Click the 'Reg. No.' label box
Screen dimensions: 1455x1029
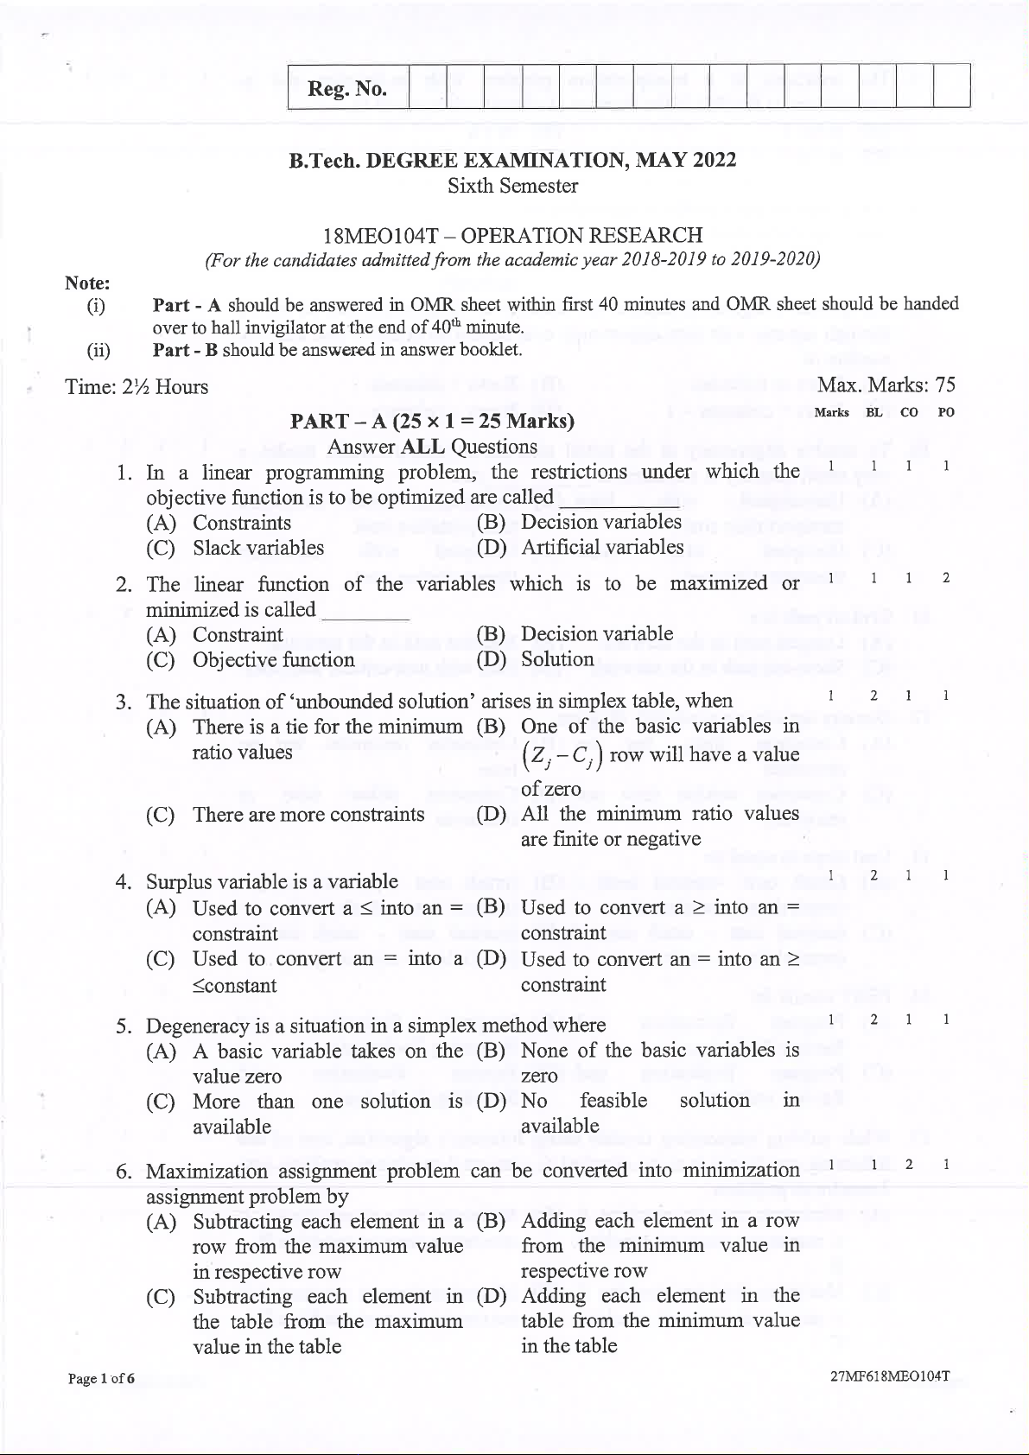click(x=347, y=88)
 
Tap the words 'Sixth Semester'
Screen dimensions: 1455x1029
click(x=512, y=186)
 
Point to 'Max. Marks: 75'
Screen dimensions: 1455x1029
click(x=886, y=385)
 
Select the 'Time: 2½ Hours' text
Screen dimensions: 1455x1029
click(x=137, y=387)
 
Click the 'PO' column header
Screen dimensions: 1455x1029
click(x=946, y=413)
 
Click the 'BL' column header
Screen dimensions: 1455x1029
click(x=874, y=413)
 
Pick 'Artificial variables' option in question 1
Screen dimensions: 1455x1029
click(x=602, y=547)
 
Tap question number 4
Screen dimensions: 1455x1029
click(x=124, y=882)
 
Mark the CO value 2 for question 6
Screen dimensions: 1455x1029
click(x=909, y=1165)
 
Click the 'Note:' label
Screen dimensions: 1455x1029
click(x=87, y=283)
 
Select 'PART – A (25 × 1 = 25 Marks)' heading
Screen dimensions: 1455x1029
click(x=432, y=422)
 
